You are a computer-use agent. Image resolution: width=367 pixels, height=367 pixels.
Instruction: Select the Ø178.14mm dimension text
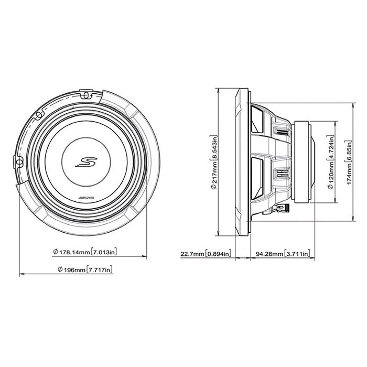click(70, 252)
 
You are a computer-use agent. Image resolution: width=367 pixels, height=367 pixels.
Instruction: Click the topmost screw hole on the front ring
click(84, 94)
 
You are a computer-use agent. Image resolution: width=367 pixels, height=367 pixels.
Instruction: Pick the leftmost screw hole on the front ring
click(19, 162)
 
